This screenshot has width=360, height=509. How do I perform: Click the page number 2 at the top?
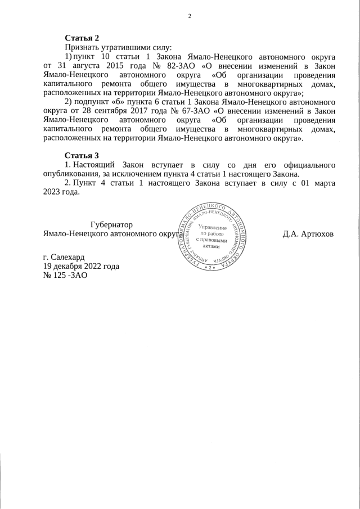click(x=190, y=16)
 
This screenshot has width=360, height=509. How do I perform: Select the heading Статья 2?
click(x=82, y=38)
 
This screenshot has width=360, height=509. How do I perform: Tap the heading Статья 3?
click(x=82, y=155)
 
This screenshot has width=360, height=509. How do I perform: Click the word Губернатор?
click(x=111, y=224)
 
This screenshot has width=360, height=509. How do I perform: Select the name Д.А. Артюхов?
click(x=308, y=233)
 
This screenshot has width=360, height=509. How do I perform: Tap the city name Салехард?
click(x=67, y=256)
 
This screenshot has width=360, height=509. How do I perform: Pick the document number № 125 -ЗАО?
click(x=65, y=276)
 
